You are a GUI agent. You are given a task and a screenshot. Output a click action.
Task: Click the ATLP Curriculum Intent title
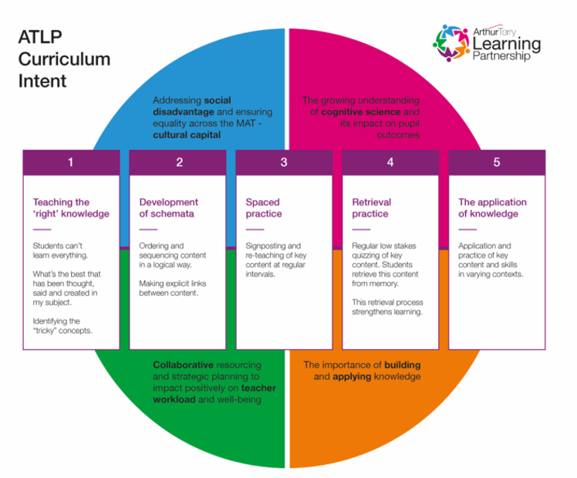64,59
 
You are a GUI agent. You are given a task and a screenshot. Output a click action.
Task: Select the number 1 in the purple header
71,162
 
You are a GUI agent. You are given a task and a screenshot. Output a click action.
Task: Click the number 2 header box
178,162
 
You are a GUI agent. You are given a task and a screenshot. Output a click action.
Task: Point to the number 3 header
284,162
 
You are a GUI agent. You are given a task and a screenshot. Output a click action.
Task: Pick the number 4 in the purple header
390,162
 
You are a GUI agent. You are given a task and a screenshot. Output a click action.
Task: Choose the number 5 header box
497,162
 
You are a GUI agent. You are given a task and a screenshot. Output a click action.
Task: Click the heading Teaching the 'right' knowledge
71,208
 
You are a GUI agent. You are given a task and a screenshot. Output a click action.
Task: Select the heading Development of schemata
169,208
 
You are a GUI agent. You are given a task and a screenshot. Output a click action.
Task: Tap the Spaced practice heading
264,208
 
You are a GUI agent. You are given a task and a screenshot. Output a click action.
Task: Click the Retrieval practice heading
371,208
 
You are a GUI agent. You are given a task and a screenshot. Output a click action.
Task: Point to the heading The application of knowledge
492,208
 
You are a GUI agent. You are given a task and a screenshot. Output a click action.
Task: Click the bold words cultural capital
186,134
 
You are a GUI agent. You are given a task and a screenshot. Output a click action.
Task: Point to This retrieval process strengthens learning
387,307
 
